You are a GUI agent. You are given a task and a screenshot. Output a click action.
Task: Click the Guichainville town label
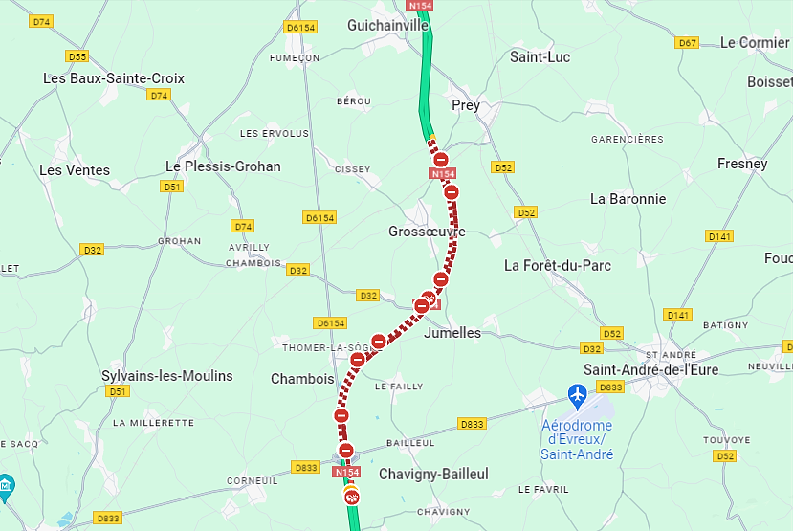click(387, 25)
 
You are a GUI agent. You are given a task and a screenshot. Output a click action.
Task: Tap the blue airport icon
click(577, 394)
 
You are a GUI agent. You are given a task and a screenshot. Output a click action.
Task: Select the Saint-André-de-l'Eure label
click(652, 369)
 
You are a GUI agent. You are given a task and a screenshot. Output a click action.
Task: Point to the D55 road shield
click(77, 56)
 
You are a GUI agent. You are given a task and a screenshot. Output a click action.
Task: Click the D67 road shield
click(687, 43)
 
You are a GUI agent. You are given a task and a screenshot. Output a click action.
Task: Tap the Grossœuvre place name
click(427, 232)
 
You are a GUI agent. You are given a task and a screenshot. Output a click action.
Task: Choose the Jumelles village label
click(452, 332)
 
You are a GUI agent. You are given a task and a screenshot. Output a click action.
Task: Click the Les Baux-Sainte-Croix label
click(114, 78)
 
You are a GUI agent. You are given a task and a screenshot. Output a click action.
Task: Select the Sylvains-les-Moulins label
click(167, 376)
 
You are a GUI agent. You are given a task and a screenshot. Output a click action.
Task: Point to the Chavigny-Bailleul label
click(433, 475)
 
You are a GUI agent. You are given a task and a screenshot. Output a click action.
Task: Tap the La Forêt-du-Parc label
click(558, 265)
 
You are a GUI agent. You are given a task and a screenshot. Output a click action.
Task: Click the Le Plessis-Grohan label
click(223, 166)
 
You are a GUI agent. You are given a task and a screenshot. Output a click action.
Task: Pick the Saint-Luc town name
click(540, 57)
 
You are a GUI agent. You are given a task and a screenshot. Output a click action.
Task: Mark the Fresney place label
click(742, 164)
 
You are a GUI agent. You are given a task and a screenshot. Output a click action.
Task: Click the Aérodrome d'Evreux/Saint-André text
click(577, 439)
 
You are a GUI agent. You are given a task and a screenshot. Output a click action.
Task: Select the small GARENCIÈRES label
click(627, 139)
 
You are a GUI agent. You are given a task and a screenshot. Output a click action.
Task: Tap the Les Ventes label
click(75, 170)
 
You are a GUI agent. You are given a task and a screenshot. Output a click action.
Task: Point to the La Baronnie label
click(628, 199)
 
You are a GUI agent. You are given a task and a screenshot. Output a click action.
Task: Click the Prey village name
click(466, 105)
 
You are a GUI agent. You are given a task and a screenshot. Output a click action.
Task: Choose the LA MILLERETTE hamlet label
click(153, 422)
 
